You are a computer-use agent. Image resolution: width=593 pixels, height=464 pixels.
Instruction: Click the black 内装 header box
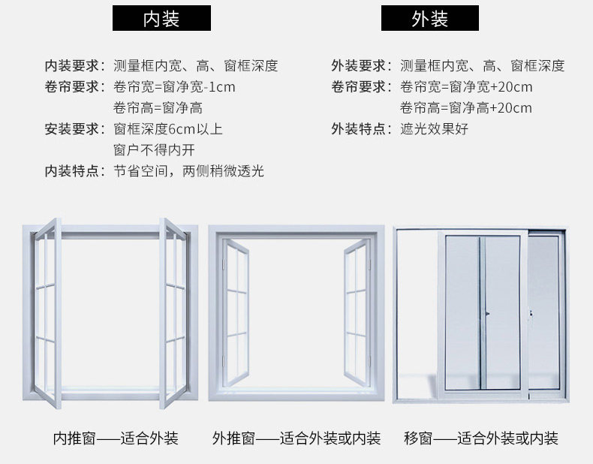(x=161, y=18)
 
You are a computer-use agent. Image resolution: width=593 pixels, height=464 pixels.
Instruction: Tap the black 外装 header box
(x=429, y=18)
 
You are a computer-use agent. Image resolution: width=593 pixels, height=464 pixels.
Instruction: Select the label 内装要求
(x=74, y=65)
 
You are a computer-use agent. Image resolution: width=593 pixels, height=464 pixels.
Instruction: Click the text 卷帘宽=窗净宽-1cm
(x=174, y=86)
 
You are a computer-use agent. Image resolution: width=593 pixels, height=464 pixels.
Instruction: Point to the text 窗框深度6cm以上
(x=168, y=128)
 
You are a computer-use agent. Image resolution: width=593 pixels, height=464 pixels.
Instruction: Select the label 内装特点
(x=74, y=171)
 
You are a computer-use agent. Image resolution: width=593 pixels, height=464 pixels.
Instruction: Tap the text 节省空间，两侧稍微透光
(x=188, y=171)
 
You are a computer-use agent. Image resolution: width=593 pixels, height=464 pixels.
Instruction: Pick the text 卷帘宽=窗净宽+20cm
(x=465, y=86)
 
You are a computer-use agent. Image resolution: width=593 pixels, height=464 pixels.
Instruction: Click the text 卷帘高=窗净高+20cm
(x=465, y=107)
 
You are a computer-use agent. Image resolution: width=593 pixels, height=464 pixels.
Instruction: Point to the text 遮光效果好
(x=434, y=128)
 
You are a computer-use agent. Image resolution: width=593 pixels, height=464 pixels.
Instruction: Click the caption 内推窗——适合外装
(x=116, y=438)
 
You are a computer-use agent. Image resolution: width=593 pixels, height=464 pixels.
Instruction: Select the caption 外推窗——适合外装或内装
(x=296, y=438)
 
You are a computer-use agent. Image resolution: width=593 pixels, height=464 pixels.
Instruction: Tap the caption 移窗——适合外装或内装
(x=480, y=438)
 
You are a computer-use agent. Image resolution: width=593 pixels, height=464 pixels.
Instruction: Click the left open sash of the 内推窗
(x=47, y=312)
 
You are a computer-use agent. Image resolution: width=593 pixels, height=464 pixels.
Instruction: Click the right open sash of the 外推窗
(x=357, y=312)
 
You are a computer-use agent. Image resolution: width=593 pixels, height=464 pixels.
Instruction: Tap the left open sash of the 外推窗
(x=236, y=312)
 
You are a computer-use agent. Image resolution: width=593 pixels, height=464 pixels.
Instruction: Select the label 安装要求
(x=74, y=128)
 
